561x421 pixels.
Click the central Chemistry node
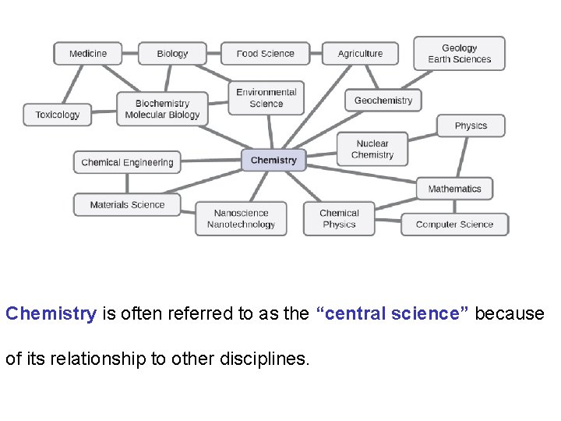pos(273,161)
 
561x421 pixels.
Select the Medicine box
pos(87,54)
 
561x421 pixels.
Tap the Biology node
pos(172,54)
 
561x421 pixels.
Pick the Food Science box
pos(265,54)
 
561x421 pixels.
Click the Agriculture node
pos(360,54)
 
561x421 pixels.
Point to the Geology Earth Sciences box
pos(459,54)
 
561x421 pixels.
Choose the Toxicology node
pos(57,115)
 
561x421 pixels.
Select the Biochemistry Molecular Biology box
pos(162,109)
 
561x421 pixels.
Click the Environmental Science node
pos(266,98)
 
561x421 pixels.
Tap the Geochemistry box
pos(383,101)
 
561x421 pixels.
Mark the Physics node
pos(471,126)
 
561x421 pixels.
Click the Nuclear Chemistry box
pos(372,149)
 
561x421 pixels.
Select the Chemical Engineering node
pos(127,162)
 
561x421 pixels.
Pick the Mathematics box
pos(454,189)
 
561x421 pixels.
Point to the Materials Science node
pos(127,205)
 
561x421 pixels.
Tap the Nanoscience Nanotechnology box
pos(241,219)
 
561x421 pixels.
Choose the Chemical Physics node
pos(339,219)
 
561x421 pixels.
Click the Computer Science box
pos(454,225)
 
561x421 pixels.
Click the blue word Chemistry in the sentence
pos(51,313)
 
